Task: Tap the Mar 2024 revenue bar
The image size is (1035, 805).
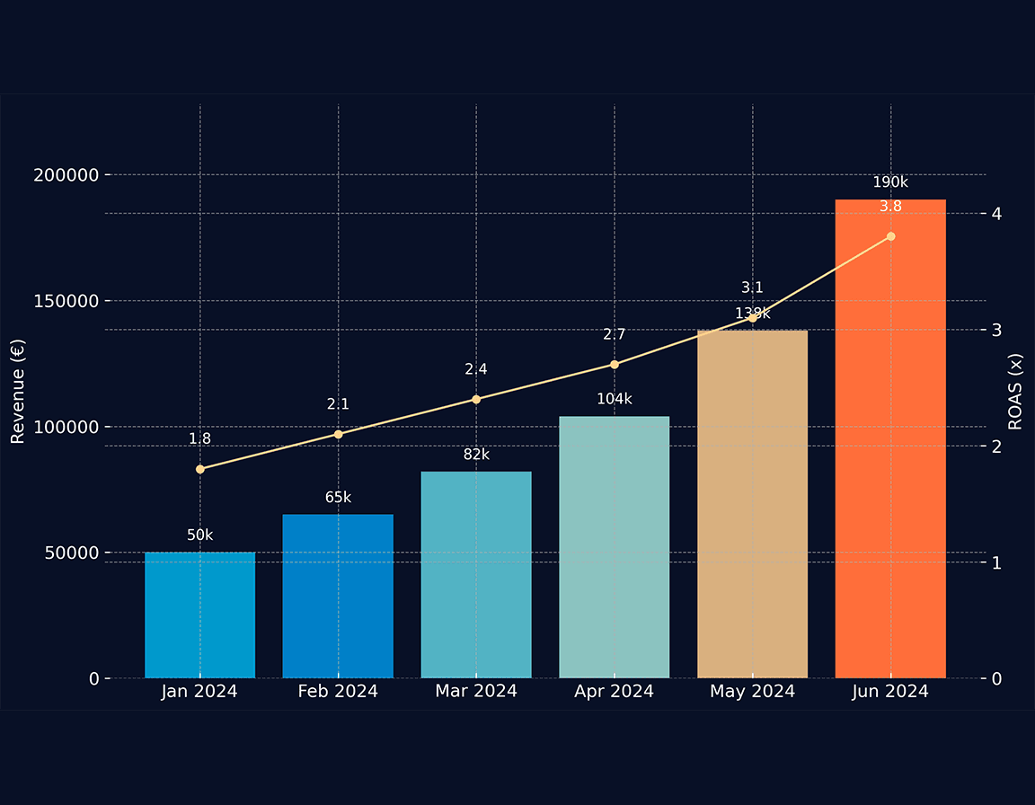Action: pos(476,575)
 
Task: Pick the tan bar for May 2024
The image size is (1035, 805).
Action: pos(752,504)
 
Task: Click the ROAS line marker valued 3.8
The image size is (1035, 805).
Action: pos(890,236)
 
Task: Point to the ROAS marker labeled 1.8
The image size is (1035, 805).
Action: pos(199,469)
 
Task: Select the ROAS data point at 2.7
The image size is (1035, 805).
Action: pos(615,364)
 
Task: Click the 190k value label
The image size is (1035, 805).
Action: pos(890,182)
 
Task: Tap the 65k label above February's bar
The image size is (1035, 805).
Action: pos(338,497)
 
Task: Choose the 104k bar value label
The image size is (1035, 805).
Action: pos(615,399)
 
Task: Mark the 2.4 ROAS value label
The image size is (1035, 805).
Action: pos(476,369)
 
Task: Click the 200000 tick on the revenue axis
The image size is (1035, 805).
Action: pos(66,174)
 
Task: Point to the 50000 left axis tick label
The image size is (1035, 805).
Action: pos(70,553)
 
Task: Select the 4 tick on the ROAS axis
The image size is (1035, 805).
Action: pos(997,214)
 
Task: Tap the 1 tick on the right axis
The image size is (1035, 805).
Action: pos(997,562)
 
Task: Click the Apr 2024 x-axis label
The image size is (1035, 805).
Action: pos(615,692)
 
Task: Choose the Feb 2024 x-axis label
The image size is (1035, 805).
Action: pos(338,692)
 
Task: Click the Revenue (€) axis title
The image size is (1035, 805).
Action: pos(17,391)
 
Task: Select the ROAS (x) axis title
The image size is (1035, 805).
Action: pos(1016,391)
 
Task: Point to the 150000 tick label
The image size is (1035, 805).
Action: pos(66,301)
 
